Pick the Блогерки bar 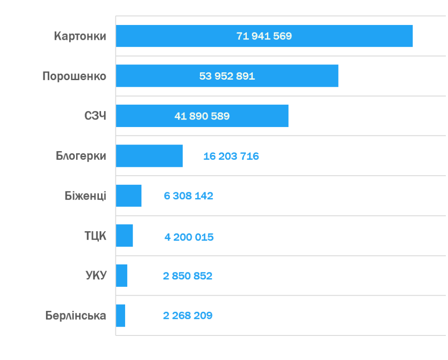coord(149,156)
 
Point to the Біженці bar coord(129,196)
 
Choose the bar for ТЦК coord(124,236)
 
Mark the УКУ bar coord(122,275)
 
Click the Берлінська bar coord(120,316)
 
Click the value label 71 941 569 coord(264,36)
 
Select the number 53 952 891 coord(227,76)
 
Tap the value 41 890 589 coord(202,116)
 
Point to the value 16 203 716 coord(231,156)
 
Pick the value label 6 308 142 coord(189,196)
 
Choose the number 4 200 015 coord(189,237)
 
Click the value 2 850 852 coord(188,276)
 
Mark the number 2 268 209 coord(188,315)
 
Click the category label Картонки coord(80,36)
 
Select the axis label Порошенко coord(74,76)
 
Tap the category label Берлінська coord(76,315)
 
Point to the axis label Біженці coord(85,196)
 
